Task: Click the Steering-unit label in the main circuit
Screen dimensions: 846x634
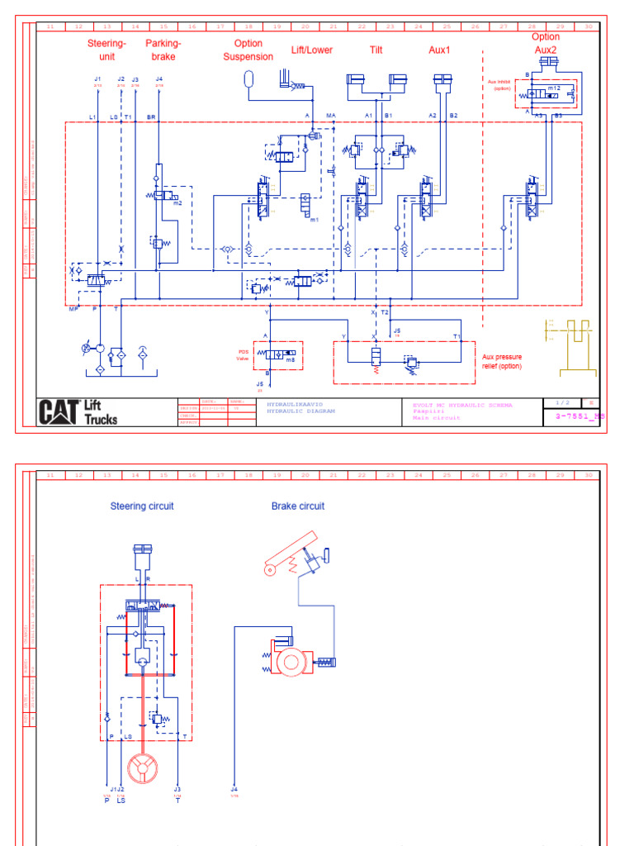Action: click(106, 50)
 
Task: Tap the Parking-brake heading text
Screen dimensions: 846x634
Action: click(163, 50)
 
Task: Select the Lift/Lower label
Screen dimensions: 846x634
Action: click(311, 50)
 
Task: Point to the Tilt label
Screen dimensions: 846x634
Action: click(376, 50)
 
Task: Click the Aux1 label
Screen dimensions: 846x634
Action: click(439, 50)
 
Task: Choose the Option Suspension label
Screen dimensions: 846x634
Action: click(248, 50)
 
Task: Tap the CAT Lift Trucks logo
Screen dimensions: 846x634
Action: click(78, 411)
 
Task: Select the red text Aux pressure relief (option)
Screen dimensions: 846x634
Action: click(503, 362)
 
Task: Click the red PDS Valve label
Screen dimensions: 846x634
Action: click(242, 354)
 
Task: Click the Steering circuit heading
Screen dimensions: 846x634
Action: click(142, 506)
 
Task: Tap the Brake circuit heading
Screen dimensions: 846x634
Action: click(298, 506)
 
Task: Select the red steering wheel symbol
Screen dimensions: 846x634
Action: click(143, 768)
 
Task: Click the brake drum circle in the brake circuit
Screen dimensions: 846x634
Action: click(291, 662)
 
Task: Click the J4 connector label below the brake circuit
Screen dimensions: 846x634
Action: click(234, 789)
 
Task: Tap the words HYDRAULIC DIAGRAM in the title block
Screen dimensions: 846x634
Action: click(296, 411)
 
